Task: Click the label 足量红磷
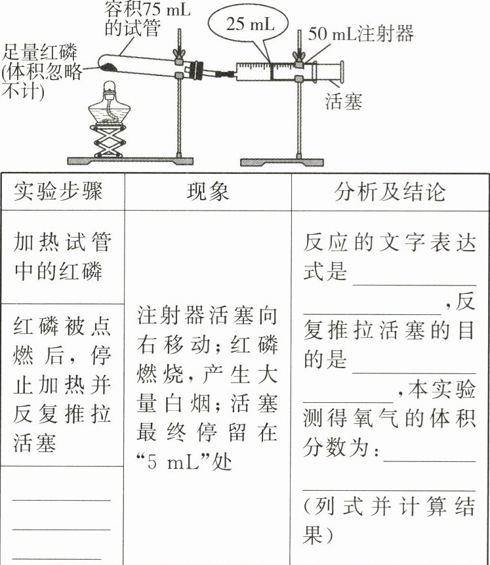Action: [x=39, y=51]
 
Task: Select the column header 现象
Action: [x=208, y=191]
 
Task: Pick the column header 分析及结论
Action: [x=390, y=191]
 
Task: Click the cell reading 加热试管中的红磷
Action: [x=62, y=257]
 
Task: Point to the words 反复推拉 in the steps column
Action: [x=62, y=414]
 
